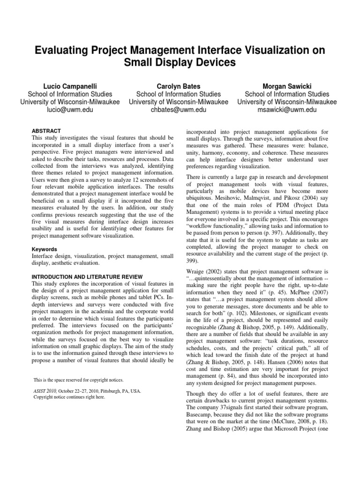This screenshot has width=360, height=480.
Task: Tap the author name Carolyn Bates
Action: pyautogui.click(x=179, y=86)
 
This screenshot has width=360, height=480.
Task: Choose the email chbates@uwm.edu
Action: pyautogui.click(x=179, y=110)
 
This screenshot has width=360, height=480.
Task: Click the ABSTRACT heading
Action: pyautogui.click(x=46, y=131)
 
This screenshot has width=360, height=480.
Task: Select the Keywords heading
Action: pyautogui.click(x=45, y=249)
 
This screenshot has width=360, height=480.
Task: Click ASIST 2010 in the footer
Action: pyautogui.click(x=47, y=390)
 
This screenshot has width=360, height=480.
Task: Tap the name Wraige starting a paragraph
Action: pyautogui.click(x=196, y=271)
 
